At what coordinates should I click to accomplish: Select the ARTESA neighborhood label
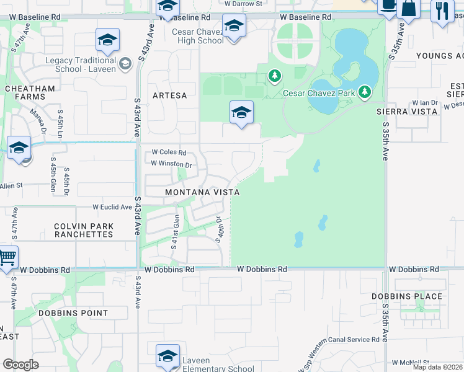(169, 95)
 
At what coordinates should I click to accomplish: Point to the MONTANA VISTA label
(202, 193)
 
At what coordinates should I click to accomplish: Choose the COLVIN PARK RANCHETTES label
(84, 230)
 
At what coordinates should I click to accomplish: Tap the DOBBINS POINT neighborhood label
(73, 313)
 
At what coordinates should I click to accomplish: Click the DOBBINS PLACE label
(407, 296)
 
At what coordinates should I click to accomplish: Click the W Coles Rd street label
(169, 153)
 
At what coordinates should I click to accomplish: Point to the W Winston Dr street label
(171, 164)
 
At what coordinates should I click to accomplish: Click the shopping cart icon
(6, 256)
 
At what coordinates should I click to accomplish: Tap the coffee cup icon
(388, 6)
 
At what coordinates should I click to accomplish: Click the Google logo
(20, 365)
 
